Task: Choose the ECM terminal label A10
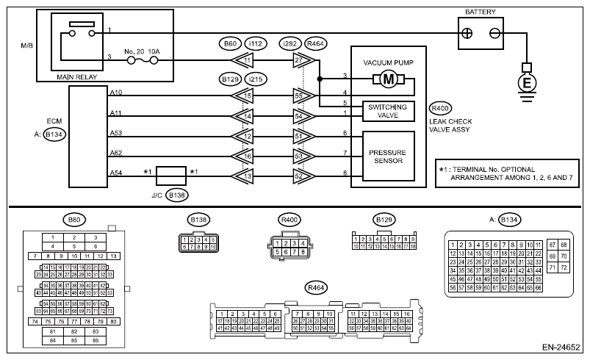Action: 116,93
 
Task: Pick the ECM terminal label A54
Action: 116,172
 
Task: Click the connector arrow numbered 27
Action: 299,60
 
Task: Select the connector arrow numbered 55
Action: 299,96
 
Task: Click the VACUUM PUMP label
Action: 387,62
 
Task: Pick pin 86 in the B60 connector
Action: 95,340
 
